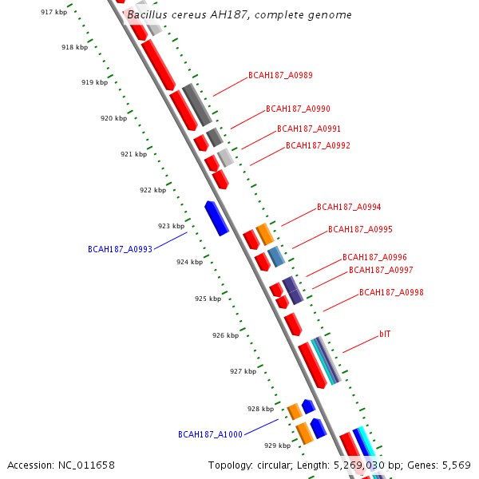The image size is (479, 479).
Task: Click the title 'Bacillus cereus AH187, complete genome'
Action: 239,15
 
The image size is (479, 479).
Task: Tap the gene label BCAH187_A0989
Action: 280,76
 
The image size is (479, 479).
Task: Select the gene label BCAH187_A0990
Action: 298,109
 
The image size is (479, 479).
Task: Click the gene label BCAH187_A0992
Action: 318,146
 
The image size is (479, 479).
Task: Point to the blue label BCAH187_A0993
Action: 120,250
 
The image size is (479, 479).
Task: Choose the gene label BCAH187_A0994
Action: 349,207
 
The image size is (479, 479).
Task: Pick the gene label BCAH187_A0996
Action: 374,258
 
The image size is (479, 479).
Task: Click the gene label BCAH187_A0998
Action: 391,293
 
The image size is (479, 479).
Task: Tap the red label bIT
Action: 385,333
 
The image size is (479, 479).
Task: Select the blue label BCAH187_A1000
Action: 210,435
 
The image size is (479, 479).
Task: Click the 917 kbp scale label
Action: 53,12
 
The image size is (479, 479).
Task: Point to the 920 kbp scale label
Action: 113,118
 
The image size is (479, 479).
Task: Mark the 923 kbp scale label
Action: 171,226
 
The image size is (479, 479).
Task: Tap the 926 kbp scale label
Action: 225,336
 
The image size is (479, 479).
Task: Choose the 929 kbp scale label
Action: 277,445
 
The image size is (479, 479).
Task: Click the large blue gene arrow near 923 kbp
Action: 217,218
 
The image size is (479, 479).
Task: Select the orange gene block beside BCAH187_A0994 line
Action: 265,234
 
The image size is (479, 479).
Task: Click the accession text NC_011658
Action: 61,465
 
